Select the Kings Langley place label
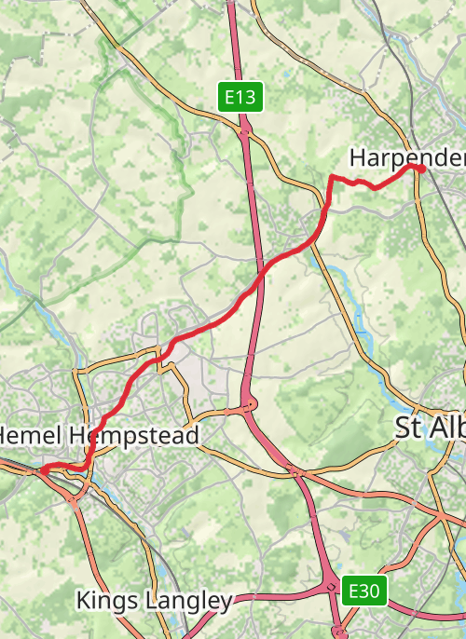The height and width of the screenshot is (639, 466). point(154,601)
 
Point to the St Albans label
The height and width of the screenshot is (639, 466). point(430,428)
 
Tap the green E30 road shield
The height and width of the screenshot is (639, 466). point(363,590)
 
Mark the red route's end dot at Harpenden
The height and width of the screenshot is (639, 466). point(420,169)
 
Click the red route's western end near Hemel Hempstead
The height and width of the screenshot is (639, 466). point(42,469)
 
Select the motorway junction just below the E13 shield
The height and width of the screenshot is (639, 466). point(244,133)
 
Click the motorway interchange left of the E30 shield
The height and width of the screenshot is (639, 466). point(333,587)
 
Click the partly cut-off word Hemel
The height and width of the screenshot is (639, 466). point(28,435)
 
